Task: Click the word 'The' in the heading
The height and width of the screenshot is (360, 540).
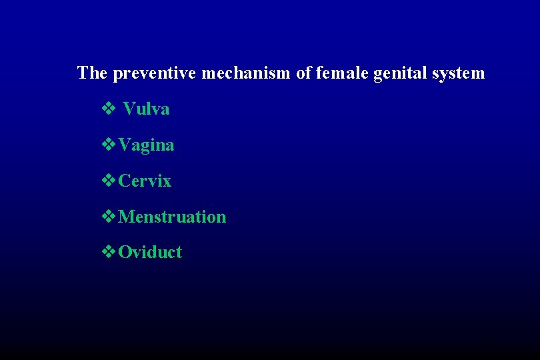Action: point(92,73)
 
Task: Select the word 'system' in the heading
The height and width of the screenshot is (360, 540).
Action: point(459,73)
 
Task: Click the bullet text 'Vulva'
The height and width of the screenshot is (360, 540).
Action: point(147,109)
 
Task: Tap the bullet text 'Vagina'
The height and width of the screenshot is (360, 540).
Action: point(146,145)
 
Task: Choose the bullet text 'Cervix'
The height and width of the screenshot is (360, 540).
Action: point(145,181)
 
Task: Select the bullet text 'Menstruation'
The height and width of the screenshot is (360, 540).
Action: point(172,217)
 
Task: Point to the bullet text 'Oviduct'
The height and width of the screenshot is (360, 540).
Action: point(150,252)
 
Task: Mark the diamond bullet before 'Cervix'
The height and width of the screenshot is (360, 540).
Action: point(108,181)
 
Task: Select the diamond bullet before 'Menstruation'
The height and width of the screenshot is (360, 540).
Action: point(108,217)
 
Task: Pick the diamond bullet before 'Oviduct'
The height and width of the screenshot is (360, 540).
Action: point(108,252)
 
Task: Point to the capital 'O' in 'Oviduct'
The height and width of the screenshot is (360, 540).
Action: point(124,252)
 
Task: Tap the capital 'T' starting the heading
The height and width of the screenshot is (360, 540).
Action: point(83,73)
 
